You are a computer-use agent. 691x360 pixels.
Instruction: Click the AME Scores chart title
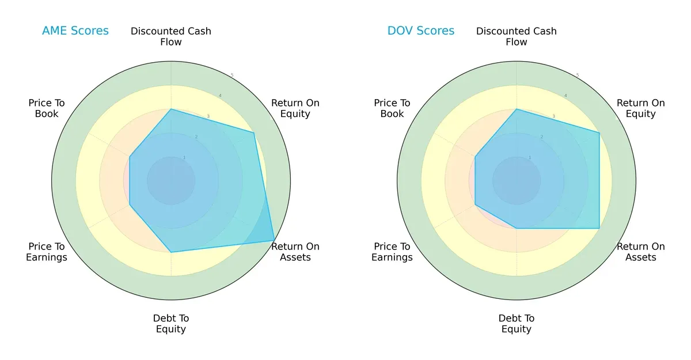[75, 31]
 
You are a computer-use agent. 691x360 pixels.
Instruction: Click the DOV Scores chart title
[420, 31]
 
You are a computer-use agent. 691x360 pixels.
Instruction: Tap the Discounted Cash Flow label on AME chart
[171, 36]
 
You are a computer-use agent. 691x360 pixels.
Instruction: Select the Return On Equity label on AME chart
[295, 108]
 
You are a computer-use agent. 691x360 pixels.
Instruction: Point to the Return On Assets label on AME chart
[295, 252]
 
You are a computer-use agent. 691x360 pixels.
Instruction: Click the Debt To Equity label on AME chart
[171, 324]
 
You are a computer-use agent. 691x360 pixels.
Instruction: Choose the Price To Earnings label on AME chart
[47, 252]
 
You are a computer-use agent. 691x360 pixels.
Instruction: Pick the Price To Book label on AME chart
[47, 108]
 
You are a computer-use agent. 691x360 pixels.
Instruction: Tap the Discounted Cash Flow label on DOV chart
[517, 36]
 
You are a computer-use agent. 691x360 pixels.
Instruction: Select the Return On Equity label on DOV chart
[640, 108]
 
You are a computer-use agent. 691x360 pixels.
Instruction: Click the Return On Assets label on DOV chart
[640, 252]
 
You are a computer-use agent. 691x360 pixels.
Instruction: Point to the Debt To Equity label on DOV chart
[517, 324]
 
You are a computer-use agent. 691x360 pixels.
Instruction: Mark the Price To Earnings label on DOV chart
[392, 252]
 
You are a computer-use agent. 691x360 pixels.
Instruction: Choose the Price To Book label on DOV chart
[392, 108]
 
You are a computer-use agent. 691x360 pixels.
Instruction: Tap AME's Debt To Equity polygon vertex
[171, 252]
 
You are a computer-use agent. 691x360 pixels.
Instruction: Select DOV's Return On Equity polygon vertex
[599, 133]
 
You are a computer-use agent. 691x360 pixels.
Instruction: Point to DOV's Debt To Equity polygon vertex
[517, 229]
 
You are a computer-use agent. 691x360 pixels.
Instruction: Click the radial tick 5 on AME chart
[232, 75]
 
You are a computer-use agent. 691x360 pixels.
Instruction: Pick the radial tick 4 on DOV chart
[565, 96]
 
